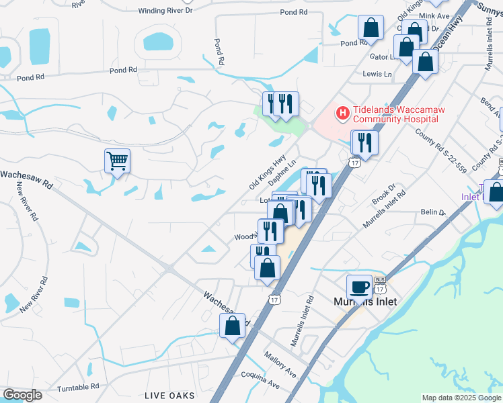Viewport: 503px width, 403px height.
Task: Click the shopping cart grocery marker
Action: (x=117, y=161)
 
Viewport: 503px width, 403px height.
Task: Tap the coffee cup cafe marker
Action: (x=359, y=287)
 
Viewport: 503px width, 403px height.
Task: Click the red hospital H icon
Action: (x=342, y=112)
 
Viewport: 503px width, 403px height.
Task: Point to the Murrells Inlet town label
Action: (x=365, y=302)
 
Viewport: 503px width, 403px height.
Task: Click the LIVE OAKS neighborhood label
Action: (x=169, y=396)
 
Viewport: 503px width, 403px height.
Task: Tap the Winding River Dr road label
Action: (x=165, y=11)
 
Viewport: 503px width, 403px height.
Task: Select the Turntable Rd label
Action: (x=78, y=386)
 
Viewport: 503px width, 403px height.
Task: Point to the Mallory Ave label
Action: (x=280, y=363)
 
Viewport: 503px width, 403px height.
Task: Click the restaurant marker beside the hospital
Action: (x=364, y=142)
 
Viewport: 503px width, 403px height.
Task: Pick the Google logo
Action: (x=22, y=395)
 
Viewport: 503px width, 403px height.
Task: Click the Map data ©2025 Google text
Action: (x=461, y=398)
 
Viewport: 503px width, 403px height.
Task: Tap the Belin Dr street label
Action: (x=433, y=212)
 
